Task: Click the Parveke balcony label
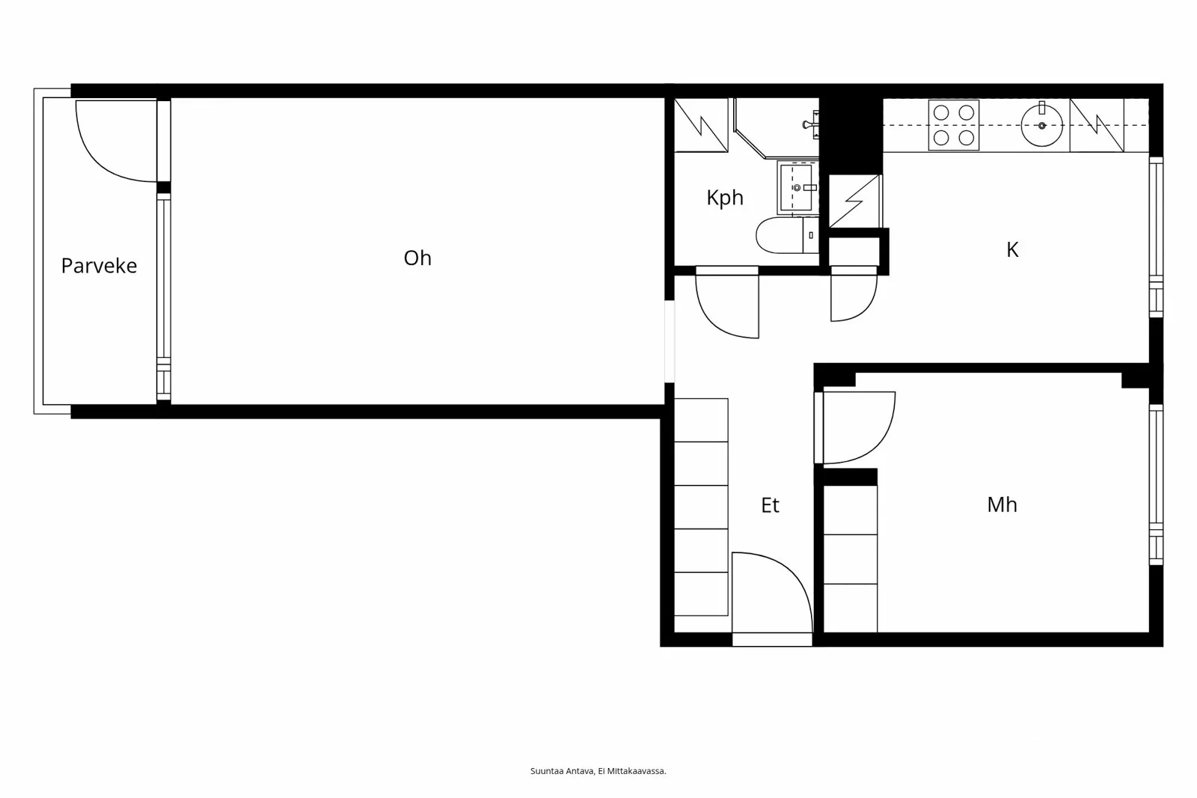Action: pyautogui.click(x=99, y=266)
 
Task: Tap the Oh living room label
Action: pyautogui.click(x=417, y=258)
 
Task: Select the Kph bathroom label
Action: pyautogui.click(x=725, y=198)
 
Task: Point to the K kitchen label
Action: pyautogui.click(x=1012, y=250)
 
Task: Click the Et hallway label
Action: pyautogui.click(x=770, y=505)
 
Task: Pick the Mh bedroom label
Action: pyautogui.click(x=1002, y=505)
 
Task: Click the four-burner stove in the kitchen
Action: pyautogui.click(x=954, y=125)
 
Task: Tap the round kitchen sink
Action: pyautogui.click(x=1041, y=125)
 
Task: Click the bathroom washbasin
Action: pyautogui.click(x=796, y=187)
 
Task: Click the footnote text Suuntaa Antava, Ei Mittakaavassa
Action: pyautogui.click(x=598, y=771)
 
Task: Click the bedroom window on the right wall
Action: pyautogui.click(x=1156, y=484)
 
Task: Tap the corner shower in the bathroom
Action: pyautogui.click(x=774, y=127)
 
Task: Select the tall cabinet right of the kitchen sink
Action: pyautogui.click(x=1097, y=125)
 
